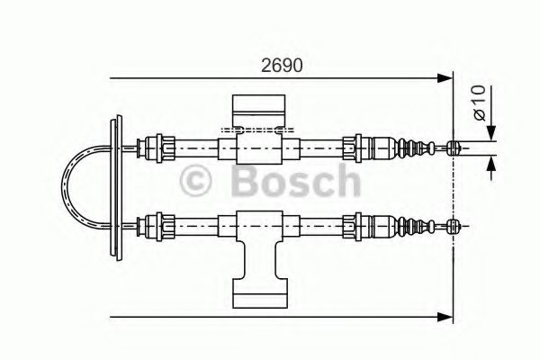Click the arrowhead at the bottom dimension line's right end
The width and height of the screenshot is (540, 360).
(x=445, y=316)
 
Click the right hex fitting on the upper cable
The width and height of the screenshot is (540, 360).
(x=358, y=145)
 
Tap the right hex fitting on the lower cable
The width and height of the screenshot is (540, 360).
(x=358, y=222)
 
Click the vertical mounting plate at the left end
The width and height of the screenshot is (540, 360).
(x=114, y=184)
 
